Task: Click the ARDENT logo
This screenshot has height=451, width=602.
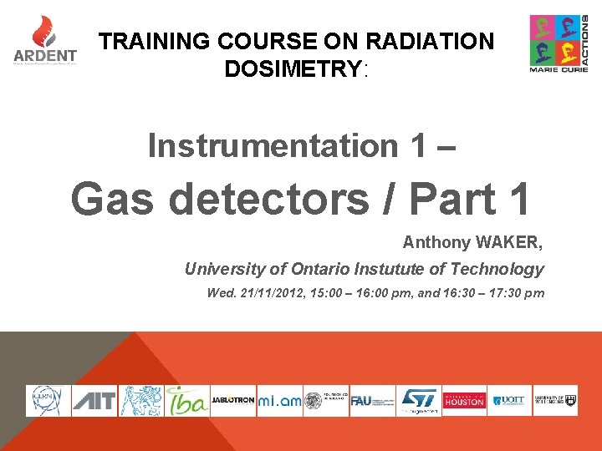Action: [x=45, y=42]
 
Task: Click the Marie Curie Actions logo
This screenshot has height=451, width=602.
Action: [x=559, y=43]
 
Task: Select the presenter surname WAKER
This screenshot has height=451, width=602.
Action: [x=509, y=243]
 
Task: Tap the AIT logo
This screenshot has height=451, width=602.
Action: [x=93, y=401]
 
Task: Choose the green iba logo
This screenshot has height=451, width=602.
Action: [x=186, y=401]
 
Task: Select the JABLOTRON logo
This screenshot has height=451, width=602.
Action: [x=232, y=401]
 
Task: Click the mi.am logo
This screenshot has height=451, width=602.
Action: [x=278, y=401]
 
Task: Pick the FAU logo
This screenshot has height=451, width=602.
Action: [x=371, y=401]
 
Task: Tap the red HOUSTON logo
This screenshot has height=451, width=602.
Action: [x=463, y=401]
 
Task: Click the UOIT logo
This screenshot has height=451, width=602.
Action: [x=508, y=401]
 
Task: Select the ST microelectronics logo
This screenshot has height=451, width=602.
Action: [x=418, y=401]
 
